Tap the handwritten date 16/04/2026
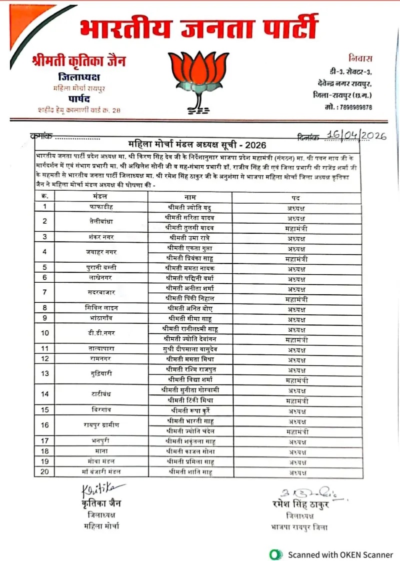coord(356,136)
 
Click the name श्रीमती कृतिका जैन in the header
coord(79,62)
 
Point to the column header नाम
coord(190,197)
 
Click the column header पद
coord(296,197)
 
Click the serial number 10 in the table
coord(44,333)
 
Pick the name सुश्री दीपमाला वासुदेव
coord(190,348)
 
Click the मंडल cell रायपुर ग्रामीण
coord(101,424)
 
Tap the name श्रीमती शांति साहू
coord(190,471)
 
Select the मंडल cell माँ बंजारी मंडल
coord(101,471)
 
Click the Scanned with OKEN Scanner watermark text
coord(340,554)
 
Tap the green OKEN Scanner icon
coord(274,554)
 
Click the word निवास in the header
coord(360,59)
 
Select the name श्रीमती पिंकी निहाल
coord(190,298)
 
